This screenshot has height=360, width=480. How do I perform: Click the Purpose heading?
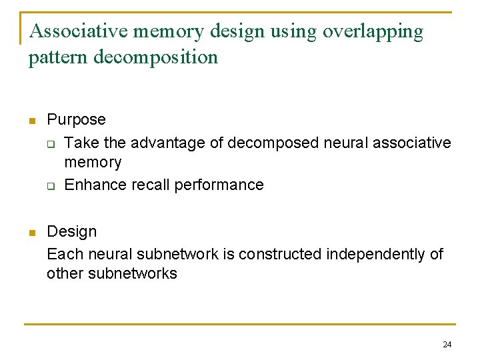pyautogui.click(x=76, y=120)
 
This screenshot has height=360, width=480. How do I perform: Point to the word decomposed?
pyautogui.click(x=267, y=143)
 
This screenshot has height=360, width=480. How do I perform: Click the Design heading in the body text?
pyautogui.click(x=71, y=232)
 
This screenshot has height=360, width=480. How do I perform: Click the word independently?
pyautogui.click(x=375, y=255)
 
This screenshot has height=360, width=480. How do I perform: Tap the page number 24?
pyautogui.click(x=447, y=345)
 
